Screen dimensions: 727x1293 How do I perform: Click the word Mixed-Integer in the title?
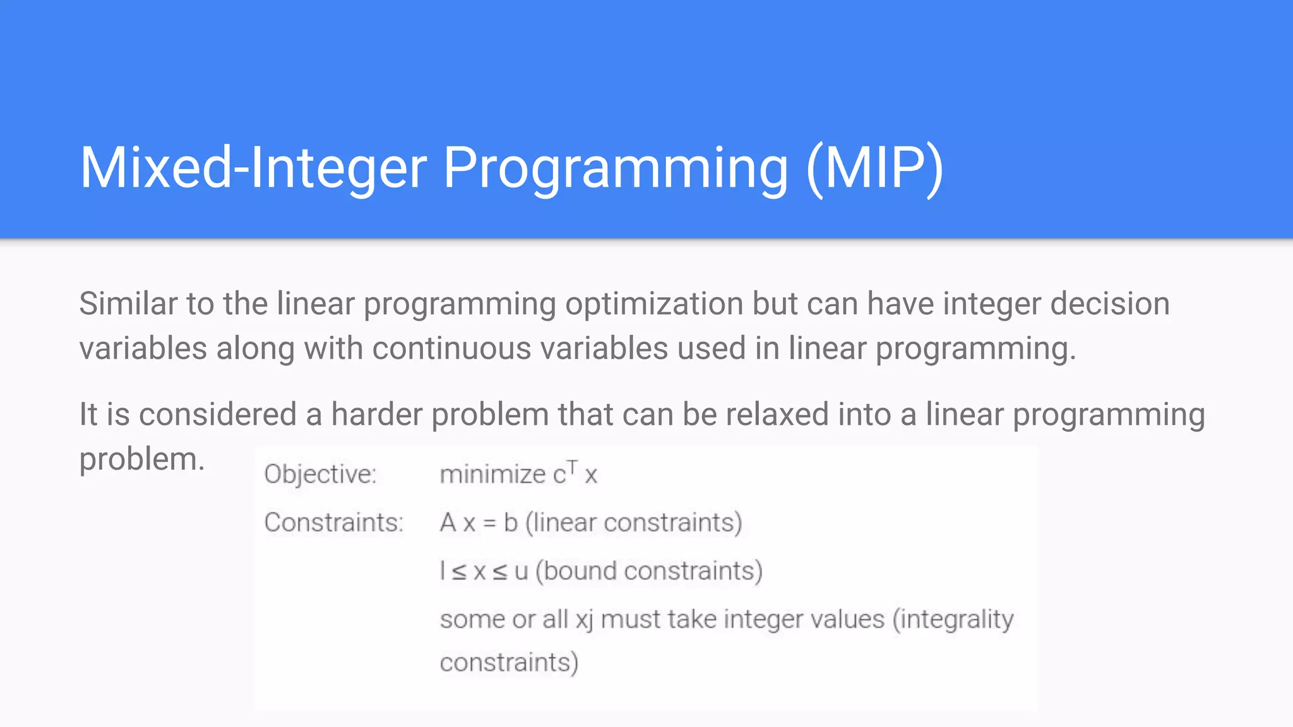click(253, 168)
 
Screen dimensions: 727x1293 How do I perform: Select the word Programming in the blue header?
click(616, 169)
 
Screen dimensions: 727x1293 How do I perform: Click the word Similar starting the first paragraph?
click(128, 304)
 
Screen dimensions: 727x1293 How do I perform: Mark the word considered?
click(217, 415)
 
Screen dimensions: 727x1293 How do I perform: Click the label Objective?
click(320, 475)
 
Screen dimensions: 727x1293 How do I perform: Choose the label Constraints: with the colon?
click(333, 523)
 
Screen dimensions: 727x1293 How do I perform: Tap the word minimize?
click(492, 475)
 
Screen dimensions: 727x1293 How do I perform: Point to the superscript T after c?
click(572, 467)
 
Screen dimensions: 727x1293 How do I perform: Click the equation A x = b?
click(479, 523)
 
